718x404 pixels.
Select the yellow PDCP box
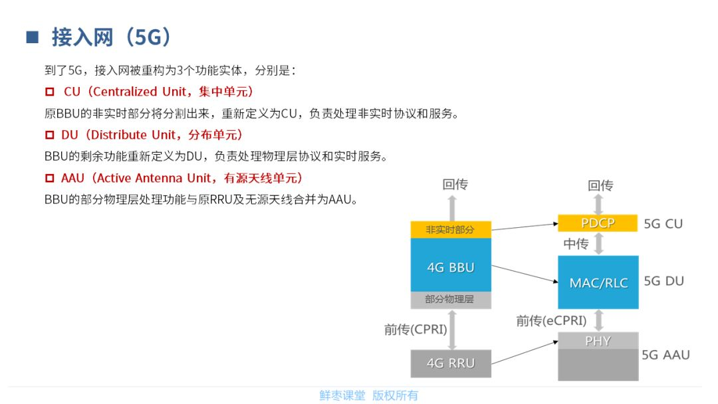pos(598,223)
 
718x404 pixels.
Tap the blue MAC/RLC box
pos(598,282)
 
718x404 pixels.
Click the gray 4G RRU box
pos(451,363)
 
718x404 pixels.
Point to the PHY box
pos(598,341)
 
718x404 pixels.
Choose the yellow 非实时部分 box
pos(451,229)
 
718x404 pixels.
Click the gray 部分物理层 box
pos(451,300)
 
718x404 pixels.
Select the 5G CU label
pos(663,223)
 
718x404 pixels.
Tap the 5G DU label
pos(663,281)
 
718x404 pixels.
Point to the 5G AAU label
pos(665,355)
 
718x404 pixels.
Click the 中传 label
pos(576,244)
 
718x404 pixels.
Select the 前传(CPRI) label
pos(416,329)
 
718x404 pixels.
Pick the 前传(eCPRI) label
pos(551,321)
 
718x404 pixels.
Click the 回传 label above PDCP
pos(600,185)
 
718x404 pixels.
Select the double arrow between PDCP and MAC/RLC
pos(599,243)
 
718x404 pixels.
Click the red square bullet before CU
pos(49,92)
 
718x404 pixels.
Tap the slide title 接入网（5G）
pos(112,37)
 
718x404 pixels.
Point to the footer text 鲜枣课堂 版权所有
pos(368,395)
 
